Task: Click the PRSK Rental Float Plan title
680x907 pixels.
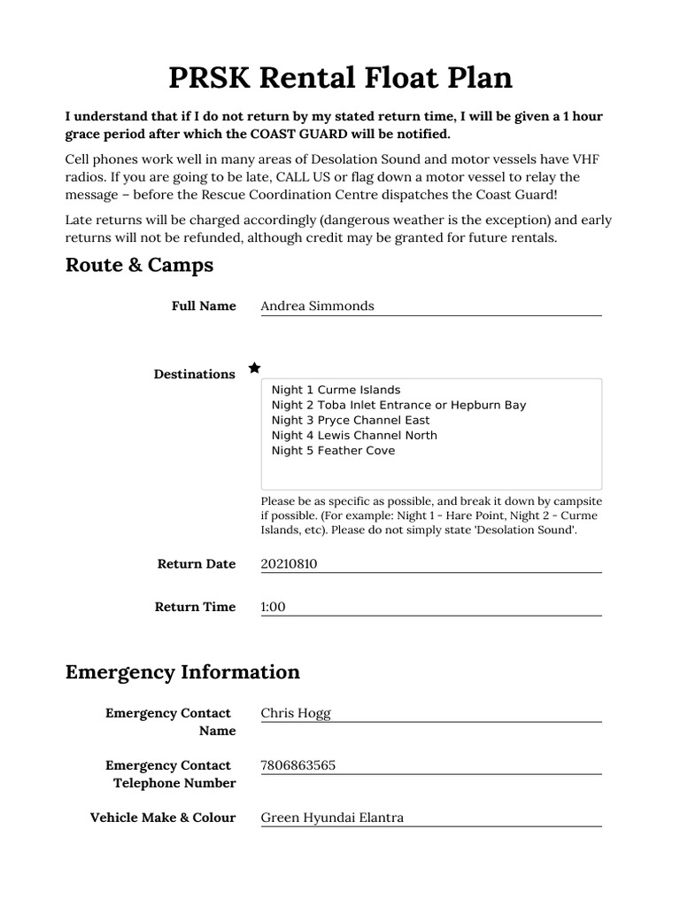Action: point(340,78)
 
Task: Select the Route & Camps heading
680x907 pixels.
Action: point(139,265)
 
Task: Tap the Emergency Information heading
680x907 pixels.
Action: point(182,671)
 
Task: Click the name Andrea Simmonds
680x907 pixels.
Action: point(317,306)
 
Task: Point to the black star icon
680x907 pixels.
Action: point(254,368)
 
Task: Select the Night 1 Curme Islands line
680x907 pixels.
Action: point(336,390)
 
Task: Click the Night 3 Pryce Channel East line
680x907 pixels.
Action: point(351,420)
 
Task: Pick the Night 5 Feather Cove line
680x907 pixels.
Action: point(333,450)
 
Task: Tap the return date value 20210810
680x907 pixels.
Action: point(289,563)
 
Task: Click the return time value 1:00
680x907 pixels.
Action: point(273,607)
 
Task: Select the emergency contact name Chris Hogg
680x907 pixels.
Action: point(296,713)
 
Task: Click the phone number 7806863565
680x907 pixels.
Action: point(297,765)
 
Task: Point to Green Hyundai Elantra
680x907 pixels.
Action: point(332,818)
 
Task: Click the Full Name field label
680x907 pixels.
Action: point(204,306)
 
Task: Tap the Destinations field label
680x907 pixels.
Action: point(194,374)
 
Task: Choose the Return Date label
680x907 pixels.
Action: point(197,563)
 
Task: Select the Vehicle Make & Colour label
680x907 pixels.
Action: point(163,818)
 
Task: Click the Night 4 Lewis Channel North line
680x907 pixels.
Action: point(354,435)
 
